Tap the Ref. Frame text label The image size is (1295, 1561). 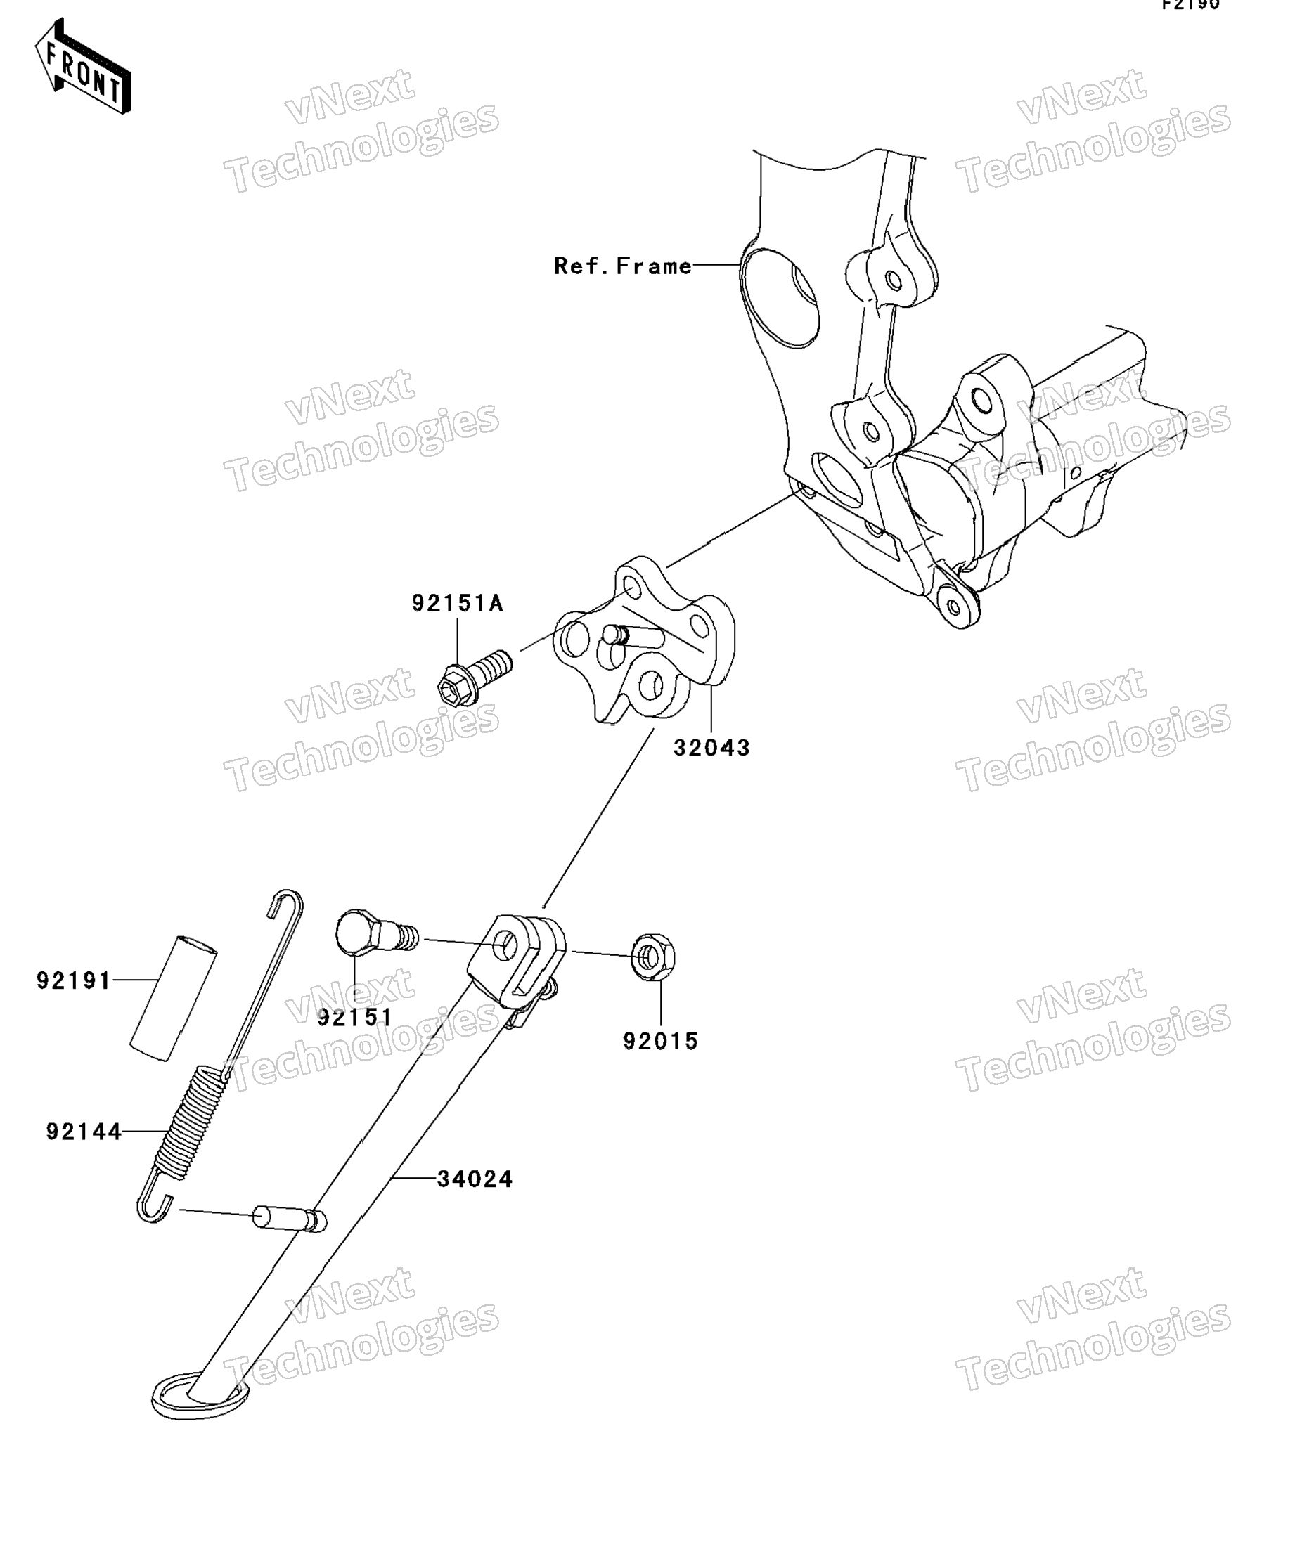point(623,266)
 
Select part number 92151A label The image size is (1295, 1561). point(457,604)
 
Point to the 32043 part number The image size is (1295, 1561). point(711,748)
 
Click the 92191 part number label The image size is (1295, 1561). point(74,981)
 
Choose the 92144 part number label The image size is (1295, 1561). point(83,1132)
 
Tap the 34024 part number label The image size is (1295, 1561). point(475,1179)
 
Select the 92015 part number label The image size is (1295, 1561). point(660,1042)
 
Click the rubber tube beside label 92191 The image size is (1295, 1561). point(174,997)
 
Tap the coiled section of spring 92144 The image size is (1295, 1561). point(191,1122)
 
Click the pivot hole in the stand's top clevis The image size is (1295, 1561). point(508,945)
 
